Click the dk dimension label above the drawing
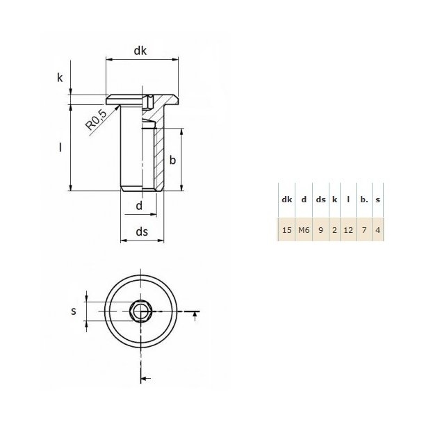coord(141,51)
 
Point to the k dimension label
coord(60,78)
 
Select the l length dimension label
coord(60,147)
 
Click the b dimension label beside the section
coord(173,161)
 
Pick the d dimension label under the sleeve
coord(139,206)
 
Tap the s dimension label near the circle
coord(74,311)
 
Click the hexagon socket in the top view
coord(141,311)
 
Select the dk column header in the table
coord(286,199)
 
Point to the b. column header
coord(364,199)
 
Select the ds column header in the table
coord(320,199)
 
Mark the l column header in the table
coord(348,199)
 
